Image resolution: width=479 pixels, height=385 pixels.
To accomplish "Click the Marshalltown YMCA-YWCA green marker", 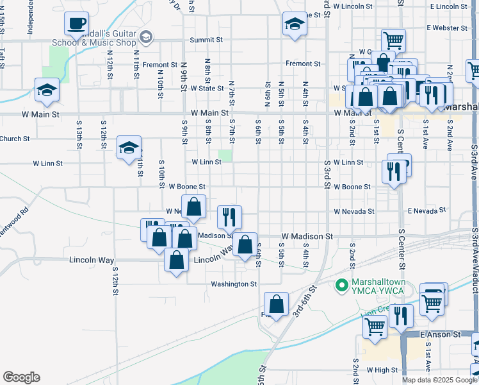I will [342, 283].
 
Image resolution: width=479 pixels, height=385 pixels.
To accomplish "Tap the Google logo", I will [21, 377].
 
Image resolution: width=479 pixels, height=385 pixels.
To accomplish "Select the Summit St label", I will [206, 40].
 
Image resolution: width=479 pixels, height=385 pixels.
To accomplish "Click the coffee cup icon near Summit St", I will [76, 24].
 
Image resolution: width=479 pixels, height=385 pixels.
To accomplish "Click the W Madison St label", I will [307, 236].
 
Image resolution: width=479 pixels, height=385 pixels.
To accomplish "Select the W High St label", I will [382, 370].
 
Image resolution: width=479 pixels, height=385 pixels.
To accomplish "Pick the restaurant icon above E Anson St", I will [401, 316].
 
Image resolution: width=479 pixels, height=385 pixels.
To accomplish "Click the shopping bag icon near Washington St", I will [276, 305].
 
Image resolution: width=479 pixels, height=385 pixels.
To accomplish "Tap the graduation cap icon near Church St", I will [129, 148].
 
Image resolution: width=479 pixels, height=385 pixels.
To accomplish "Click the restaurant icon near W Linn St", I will [392, 171].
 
